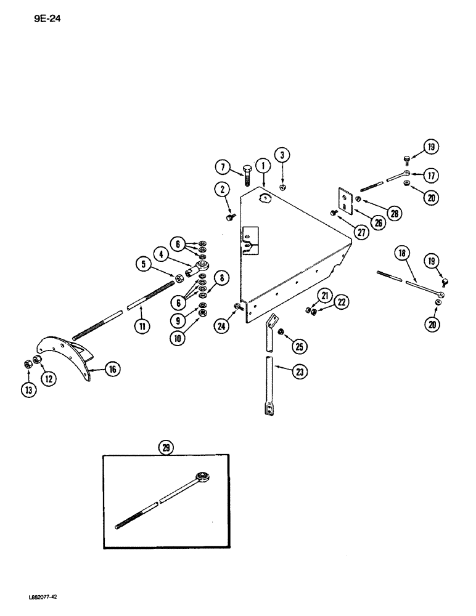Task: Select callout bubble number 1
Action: pyautogui.click(x=262, y=165)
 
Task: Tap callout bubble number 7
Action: pyautogui.click(x=223, y=167)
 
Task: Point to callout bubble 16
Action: pyautogui.click(x=112, y=370)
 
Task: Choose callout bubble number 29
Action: pyautogui.click(x=166, y=448)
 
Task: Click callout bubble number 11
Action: pyautogui.click(x=142, y=326)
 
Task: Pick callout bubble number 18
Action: pyautogui.click(x=403, y=253)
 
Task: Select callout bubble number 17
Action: pyautogui.click(x=430, y=176)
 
